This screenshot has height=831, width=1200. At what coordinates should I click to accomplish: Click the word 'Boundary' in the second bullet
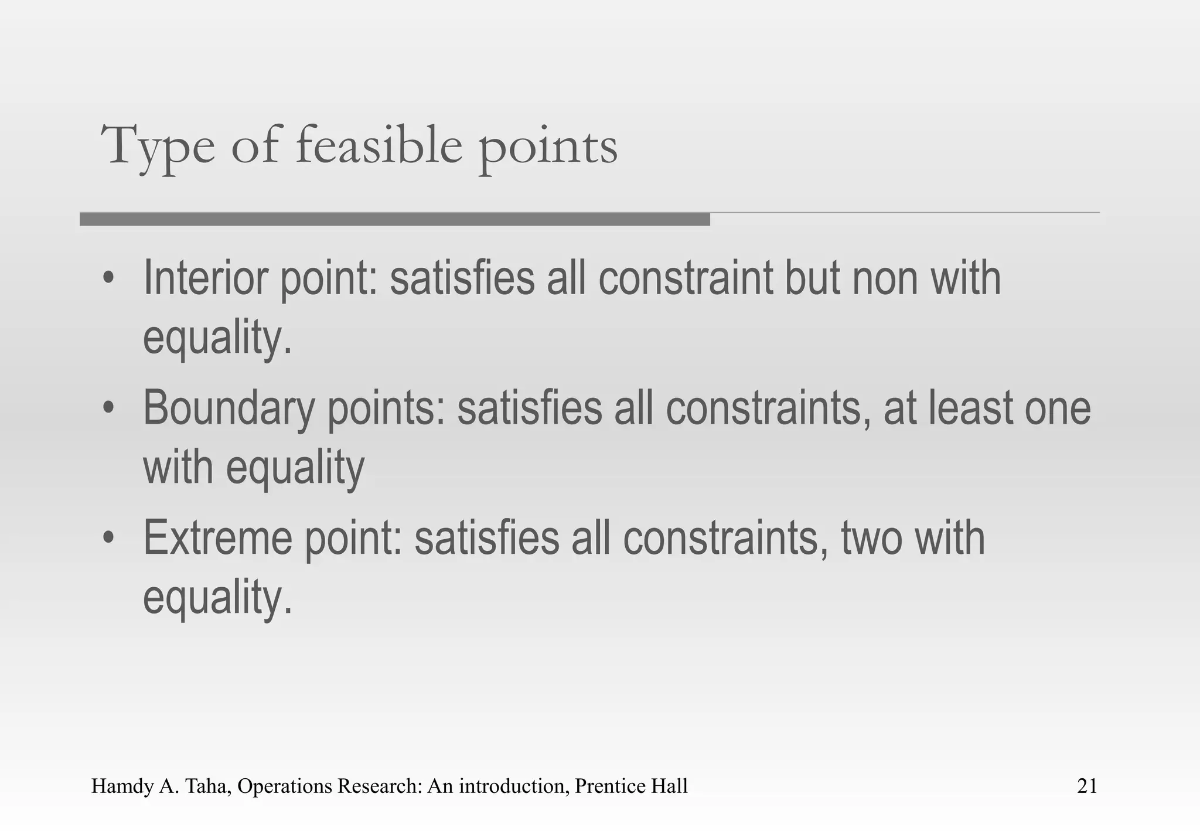(x=229, y=408)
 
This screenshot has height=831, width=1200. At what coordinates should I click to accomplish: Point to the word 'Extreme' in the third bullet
(x=218, y=538)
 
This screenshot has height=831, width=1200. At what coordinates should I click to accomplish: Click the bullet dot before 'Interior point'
(x=107, y=279)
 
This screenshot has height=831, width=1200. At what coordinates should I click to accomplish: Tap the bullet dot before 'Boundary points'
(x=107, y=408)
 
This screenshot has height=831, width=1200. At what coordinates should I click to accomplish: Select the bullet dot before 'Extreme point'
(x=107, y=539)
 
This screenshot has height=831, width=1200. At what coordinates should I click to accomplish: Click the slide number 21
(x=1087, y=786)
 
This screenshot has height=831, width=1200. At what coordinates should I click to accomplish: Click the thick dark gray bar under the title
(x=394, y=219)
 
